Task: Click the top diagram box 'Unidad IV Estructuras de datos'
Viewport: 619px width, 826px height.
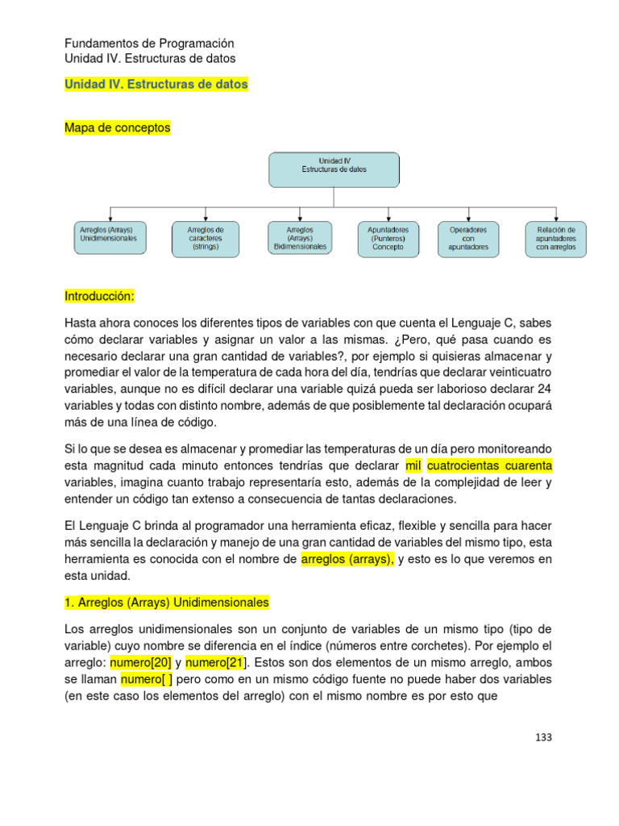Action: click(x=333, y=169)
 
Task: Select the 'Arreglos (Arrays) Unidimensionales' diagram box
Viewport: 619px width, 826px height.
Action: click(x=109, y=239)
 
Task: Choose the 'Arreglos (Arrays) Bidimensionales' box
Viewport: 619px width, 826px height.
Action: click(x=300, y=239)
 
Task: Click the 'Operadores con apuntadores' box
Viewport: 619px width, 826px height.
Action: click(x=468, y=239)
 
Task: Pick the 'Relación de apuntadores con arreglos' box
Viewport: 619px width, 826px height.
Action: click(x=555, y=239)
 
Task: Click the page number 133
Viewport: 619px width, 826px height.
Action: click(x=543, y=737)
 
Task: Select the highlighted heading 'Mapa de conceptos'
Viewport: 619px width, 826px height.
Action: click(x=117, y=127)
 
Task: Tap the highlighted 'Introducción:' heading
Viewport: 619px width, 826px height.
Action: click(x=99, y=297)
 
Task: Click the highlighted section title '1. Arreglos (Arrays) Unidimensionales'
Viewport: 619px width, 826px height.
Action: click(x=166, y=603)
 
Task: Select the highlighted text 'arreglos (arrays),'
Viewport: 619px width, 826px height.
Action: click(x=347, y=558)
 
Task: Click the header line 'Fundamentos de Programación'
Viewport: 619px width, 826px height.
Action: click(x=149, y=44)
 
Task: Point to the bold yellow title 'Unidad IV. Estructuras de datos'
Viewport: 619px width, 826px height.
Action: click(x=156, y=84)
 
